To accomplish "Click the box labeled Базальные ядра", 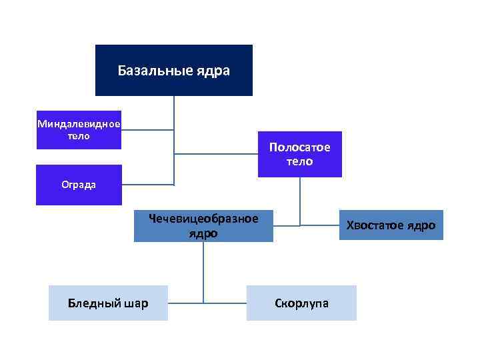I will pos(174,70).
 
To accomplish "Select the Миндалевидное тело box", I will pos(79,130).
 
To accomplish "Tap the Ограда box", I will pos(79,185).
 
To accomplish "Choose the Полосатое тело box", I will pos(300,154).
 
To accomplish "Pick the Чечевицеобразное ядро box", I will pos(203,226).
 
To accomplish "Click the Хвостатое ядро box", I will pos(391,225).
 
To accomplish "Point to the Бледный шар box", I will pos(108,303).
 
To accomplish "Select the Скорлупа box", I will pos(301,303).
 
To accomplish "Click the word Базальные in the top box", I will pos(155,70).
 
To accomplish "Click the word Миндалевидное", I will pos(79,124).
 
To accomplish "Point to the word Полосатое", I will pos(300,147).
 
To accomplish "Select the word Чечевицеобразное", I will pos(203,219).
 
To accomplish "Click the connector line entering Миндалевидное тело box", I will pos(147,130).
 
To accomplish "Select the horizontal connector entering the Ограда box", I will pos(148,185).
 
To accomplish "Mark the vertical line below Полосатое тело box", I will pos(300,200).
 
